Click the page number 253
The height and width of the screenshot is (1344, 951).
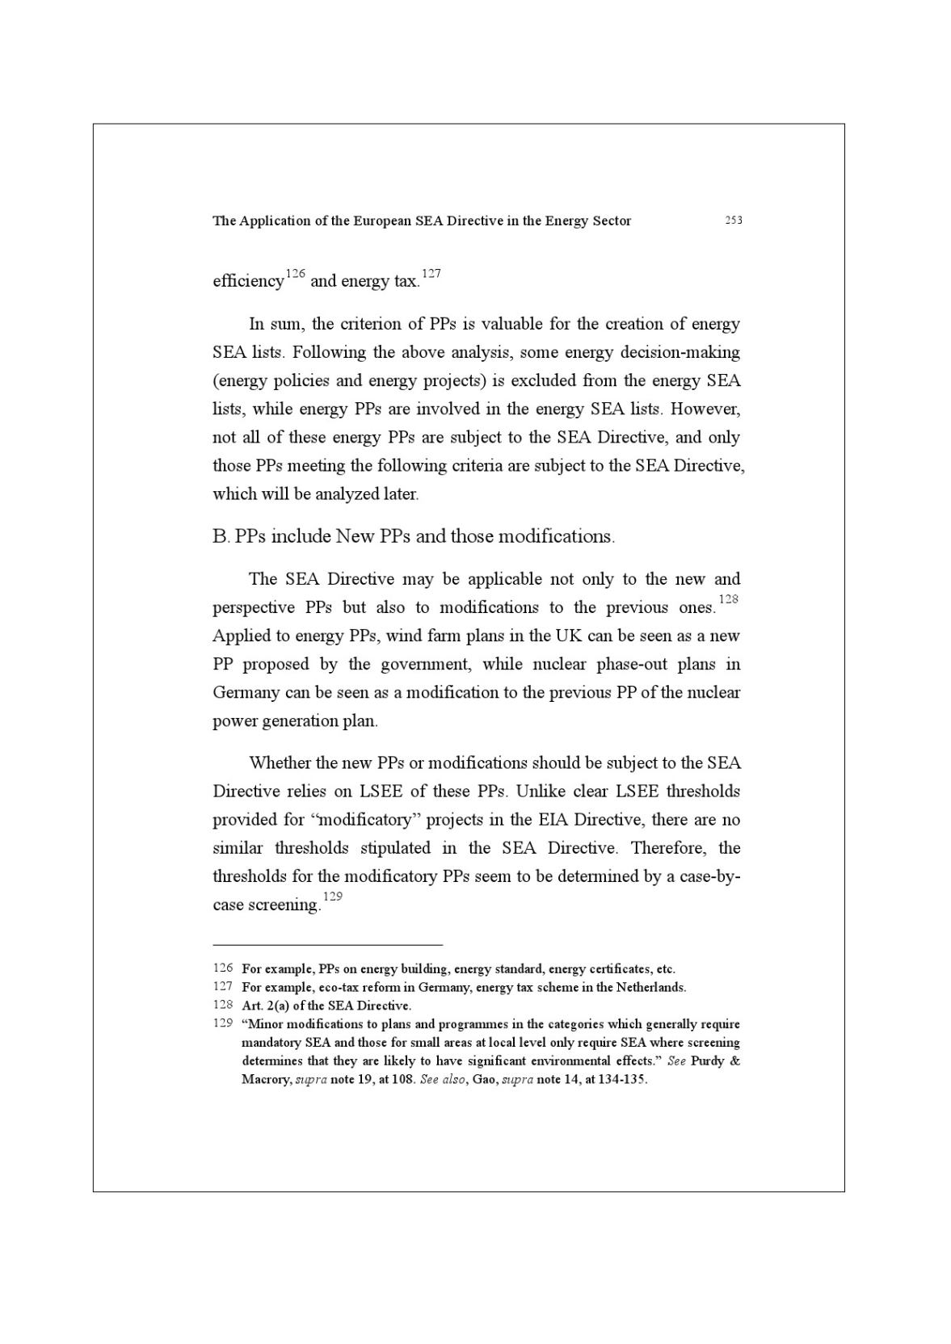tap(733, 220)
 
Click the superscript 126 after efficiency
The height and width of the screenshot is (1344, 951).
tap(295, 274)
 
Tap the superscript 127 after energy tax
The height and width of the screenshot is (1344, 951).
tap(431, 274)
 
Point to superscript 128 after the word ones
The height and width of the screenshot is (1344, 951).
tap(728, 599)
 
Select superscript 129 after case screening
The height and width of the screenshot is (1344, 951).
tap(332, 897)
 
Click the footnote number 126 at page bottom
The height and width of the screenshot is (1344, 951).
tap(222, 968)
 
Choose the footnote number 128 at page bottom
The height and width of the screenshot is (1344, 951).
tap(222, 1005)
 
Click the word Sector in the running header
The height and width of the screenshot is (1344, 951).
tap(610, 220)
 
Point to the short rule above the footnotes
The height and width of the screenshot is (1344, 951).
tap(327, 943)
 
